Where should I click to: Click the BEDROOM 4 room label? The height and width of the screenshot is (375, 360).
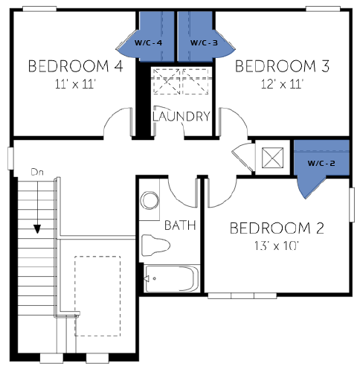[x=76, y=66]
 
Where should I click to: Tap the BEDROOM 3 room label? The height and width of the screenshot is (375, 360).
[x=282, y=66]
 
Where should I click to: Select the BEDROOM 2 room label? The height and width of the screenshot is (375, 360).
[x=277, y=228]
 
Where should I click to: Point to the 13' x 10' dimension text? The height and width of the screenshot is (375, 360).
[x=277, y=246]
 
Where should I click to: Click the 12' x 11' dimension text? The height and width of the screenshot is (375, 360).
[x=282, y=84]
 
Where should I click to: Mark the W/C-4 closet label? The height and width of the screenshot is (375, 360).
[x=148, y=43]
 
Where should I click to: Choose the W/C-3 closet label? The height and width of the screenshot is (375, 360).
[x=204, y=43]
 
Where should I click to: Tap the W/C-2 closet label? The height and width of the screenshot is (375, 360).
[x=321, y=163]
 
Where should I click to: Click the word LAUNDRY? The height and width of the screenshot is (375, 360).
[x=181, y=116]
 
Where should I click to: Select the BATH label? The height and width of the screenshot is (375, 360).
[x=180, y=225]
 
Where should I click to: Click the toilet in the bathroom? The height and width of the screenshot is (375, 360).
[x=155, y=246]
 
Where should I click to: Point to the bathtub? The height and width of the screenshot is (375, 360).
[x=172, y=278]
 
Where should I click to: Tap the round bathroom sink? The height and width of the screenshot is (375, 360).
[x=150, y=201]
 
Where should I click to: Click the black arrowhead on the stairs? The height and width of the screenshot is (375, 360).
[x=37, y=229]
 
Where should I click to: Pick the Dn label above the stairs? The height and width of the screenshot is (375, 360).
[x=37, y=172]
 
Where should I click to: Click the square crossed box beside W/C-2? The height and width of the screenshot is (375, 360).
[x=272, y=158]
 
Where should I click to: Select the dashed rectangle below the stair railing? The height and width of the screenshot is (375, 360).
[x=97, y=296]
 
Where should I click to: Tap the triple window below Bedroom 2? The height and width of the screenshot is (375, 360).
[x=242, y=295]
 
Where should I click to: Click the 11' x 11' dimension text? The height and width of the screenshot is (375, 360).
[x=75, y=84]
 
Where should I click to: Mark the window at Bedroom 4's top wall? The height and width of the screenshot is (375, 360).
[x=39, y=9]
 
